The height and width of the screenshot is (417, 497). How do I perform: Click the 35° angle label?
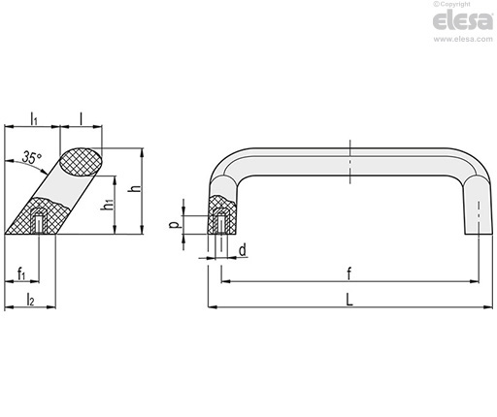tap(32, 157)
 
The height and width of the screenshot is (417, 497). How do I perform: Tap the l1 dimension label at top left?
tap(34, 118)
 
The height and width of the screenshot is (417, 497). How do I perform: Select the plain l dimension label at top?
tap(82, 118)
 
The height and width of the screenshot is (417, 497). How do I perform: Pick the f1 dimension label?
tap(21, 273)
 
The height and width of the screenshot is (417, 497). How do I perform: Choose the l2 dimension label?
tap(30, 300)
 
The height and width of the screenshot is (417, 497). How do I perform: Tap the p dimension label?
tap(175, 224)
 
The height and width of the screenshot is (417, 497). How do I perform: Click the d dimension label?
tap(243, 250)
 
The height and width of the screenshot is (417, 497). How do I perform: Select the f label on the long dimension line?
tap(349, 273)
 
